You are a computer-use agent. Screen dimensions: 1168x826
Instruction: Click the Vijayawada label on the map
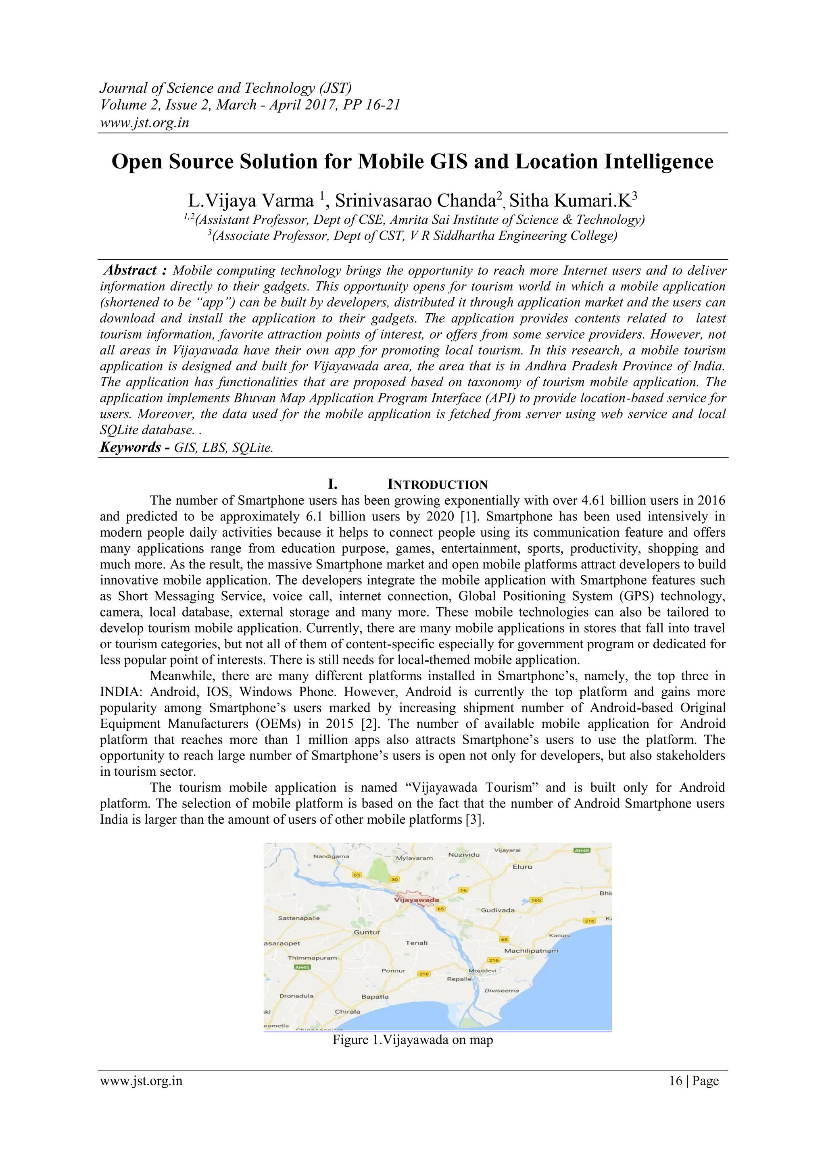point(416,900)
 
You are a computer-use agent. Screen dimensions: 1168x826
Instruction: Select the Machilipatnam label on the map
point(531,951)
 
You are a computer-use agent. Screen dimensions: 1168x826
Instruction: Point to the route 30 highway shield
point(394,879)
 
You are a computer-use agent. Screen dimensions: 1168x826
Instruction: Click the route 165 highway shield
point(536,900)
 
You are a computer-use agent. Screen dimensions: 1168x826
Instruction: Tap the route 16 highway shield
point(463,890)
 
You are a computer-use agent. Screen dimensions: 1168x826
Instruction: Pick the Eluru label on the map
point(522,867)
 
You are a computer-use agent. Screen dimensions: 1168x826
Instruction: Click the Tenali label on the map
point(416,943)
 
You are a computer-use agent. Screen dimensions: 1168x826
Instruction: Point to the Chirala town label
point(348,1011)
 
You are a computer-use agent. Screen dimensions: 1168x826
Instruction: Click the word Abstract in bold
point(130,270)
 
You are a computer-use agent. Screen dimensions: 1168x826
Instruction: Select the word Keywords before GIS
point(130,447)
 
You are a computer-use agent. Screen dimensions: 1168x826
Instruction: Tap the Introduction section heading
point(437,484)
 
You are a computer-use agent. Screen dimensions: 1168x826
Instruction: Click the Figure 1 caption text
point(413,1039)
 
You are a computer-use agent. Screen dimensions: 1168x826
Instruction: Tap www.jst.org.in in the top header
point(144,123)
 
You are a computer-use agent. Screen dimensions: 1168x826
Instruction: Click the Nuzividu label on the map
point(464,855)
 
